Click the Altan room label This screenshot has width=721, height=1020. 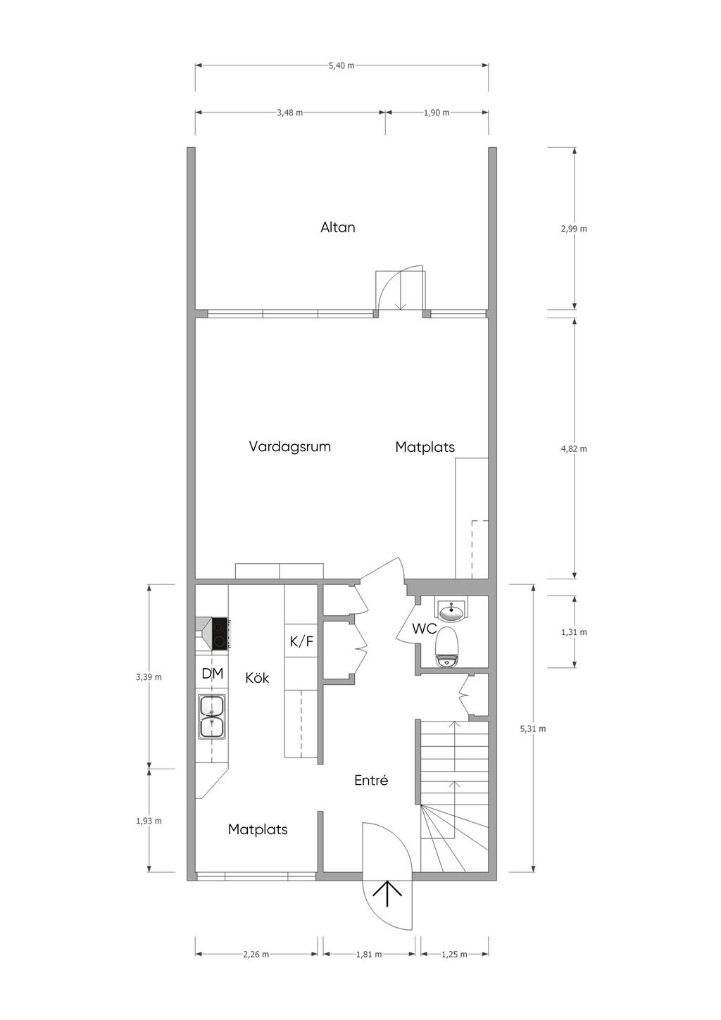[x=337, y=227]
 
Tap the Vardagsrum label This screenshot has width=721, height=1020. [x=289, y=446]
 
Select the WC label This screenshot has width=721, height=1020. [x=425, y=629]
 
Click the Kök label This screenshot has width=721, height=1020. [x=257, y=678]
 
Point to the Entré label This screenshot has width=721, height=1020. [x=371, y=781]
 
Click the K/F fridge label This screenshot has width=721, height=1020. [x=301, y=641]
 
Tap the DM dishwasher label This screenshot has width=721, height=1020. [x=213, y=673]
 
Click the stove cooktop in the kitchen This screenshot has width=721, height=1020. [x=220, y=633]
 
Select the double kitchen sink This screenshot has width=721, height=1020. [x=212, y=717]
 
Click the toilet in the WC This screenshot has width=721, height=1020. [x=446, y=647]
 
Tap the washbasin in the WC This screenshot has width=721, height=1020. [x=451, y=610]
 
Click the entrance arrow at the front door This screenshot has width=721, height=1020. [x=387, y=893]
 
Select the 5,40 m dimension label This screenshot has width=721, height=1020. [x=341, y=65]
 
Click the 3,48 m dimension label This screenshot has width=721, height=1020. [x=289, y=113]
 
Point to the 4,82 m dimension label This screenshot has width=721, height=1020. [x=574, y=448]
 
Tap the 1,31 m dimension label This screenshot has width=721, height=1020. [x=574, y=632]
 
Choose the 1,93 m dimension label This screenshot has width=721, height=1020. [x=149, y=821]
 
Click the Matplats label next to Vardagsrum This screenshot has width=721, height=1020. [x=425, y=447]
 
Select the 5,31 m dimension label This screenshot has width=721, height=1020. [x=533, y=729]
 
